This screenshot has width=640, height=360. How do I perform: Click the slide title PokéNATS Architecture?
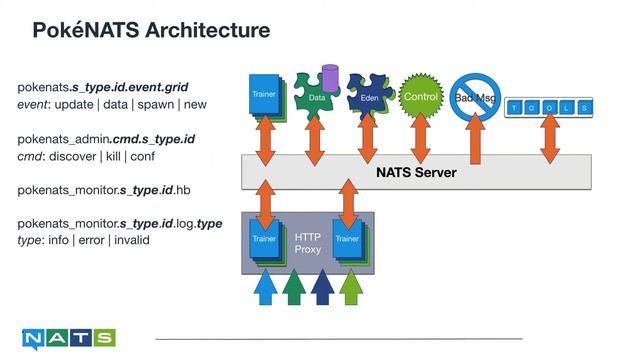click(x=151, y=31)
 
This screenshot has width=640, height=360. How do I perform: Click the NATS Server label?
click(x=416, y=172)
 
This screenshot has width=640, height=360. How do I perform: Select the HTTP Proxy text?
click(x=308, y=242)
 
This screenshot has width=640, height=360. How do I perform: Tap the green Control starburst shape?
click(x=420, y=98)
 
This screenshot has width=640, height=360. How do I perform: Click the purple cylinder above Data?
click(x=330, y=76)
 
